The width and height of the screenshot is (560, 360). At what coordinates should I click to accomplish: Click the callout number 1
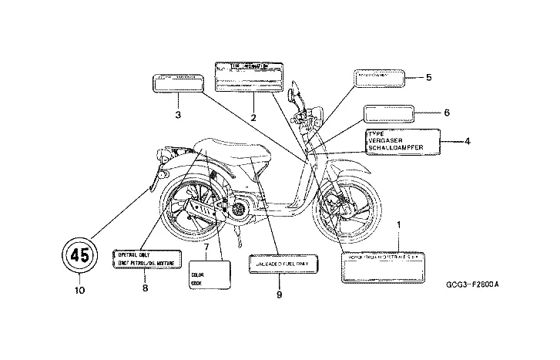click(399, 226)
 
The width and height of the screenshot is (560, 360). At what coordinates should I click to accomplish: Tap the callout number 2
click(253, 117)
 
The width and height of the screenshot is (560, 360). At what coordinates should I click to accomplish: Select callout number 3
click(178, 115)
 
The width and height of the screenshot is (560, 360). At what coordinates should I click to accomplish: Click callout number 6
click(446, 113)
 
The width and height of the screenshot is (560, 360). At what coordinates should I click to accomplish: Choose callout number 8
click(144, 288)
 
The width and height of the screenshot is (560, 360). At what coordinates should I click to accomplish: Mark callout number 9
click(280, 294)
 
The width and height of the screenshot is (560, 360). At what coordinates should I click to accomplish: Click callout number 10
click(80, 290)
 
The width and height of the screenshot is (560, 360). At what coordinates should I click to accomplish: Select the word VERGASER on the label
click(387, 140)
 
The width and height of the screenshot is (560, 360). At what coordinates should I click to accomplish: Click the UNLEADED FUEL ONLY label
click(281, 264)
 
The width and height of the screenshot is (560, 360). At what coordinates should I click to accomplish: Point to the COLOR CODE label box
click(209, 274)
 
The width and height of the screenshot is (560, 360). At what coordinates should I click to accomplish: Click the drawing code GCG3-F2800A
click(472, 284)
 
